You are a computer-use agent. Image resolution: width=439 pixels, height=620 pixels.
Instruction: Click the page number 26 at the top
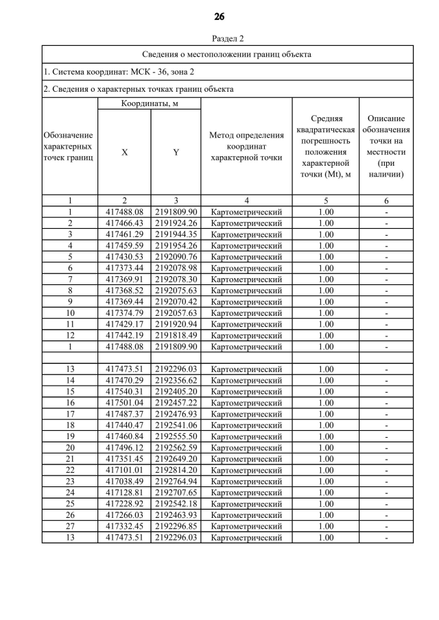pyautogui.click(x=219, y=16)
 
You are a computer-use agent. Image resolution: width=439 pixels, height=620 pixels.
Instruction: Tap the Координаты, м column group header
pyautogui.click(x=150, y=103)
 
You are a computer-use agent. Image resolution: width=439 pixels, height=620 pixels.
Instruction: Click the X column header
pyautogui.click(x=124, y=153)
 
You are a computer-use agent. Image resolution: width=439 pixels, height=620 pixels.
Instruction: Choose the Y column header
pyautogui.click(x=176, y=153)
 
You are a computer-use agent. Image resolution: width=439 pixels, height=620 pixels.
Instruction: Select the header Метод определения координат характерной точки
pyautogui.click(x=246, y=146)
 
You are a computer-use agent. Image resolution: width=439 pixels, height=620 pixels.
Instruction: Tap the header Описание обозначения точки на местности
pyautogui.click(x=386, y=146)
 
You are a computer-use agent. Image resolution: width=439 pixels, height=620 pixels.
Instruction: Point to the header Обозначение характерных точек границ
pyautogui.click(x=69, y=146)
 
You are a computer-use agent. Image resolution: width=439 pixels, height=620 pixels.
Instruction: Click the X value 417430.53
pyautogui.click(x=124, y=257)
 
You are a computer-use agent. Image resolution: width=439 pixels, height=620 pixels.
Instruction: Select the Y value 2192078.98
pyautogui.click(x=176, y=268)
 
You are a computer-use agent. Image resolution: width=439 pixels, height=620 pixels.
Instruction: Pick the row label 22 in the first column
pyautogui.click(x=70, y=471)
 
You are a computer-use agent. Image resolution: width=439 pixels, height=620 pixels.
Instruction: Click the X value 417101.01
pyautogui.click(x=124, y=471)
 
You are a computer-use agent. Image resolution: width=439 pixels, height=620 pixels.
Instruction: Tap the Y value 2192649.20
pyautogui.click(x=176, y=459)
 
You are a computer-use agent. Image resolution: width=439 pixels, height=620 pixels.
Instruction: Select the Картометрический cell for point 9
pyautogui.click(x=246, y=301)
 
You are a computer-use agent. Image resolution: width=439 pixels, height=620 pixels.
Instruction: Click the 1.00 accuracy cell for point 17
pyautogui.click(x=326, y=414)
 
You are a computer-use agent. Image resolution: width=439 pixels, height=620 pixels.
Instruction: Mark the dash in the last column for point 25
pyautogui.click(x=386, y=504)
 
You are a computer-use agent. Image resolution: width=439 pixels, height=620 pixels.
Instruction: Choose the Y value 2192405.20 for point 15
pyautogui.click(x=176, y=392)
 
